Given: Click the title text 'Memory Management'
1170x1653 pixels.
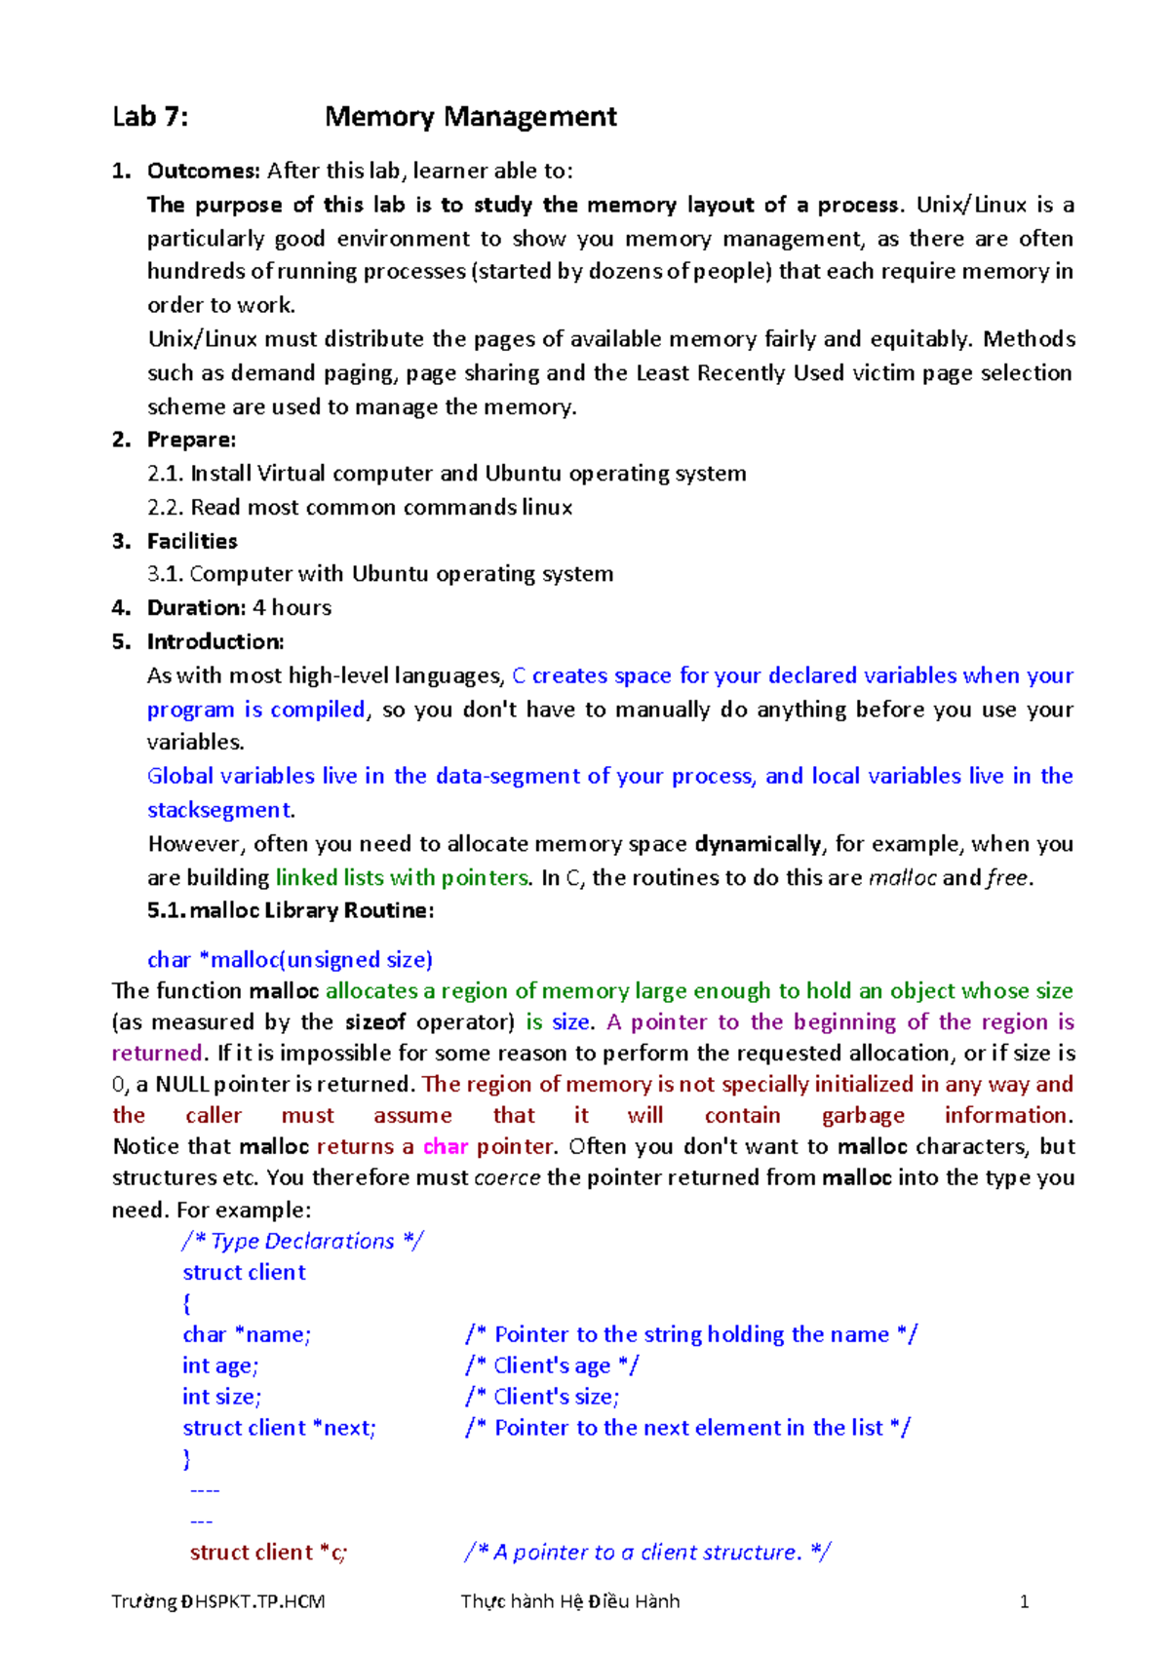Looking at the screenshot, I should tap(470, 117).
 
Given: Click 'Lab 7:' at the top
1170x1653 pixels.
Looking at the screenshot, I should tap(150, 117).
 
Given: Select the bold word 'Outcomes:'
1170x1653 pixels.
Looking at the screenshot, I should tap(203, 171).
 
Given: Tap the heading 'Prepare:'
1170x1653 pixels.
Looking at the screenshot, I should tap(191, 440).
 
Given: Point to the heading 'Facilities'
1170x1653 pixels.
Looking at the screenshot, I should tap(192, 541).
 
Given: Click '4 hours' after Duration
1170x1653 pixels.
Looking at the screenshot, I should tap(292, 608).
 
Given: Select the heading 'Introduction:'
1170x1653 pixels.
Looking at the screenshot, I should tap(215, 641).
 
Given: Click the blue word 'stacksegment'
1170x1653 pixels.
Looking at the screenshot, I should tap(218, 810).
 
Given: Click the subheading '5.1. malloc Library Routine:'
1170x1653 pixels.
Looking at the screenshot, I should tap(291, 910).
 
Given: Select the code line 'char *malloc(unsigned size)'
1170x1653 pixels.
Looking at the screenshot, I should tap(290, 959).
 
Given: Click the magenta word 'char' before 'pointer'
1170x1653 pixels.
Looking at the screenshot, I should tap(446, 1146).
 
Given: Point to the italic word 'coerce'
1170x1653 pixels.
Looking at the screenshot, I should tap(507, 1177).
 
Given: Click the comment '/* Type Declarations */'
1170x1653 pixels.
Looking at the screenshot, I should tap(302, 1241).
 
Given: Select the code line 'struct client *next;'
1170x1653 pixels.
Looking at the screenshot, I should tap(279, 1428).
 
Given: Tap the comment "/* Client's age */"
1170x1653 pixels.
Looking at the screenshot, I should tap(552, 1365).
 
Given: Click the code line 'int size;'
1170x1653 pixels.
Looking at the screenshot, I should tap(221, 1397).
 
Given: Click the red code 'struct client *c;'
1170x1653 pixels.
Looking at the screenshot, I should tap(268, 1553).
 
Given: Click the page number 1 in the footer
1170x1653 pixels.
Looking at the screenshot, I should tap(1024, 1601).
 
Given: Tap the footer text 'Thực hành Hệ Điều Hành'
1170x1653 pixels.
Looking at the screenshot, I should tap(570, 1601).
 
